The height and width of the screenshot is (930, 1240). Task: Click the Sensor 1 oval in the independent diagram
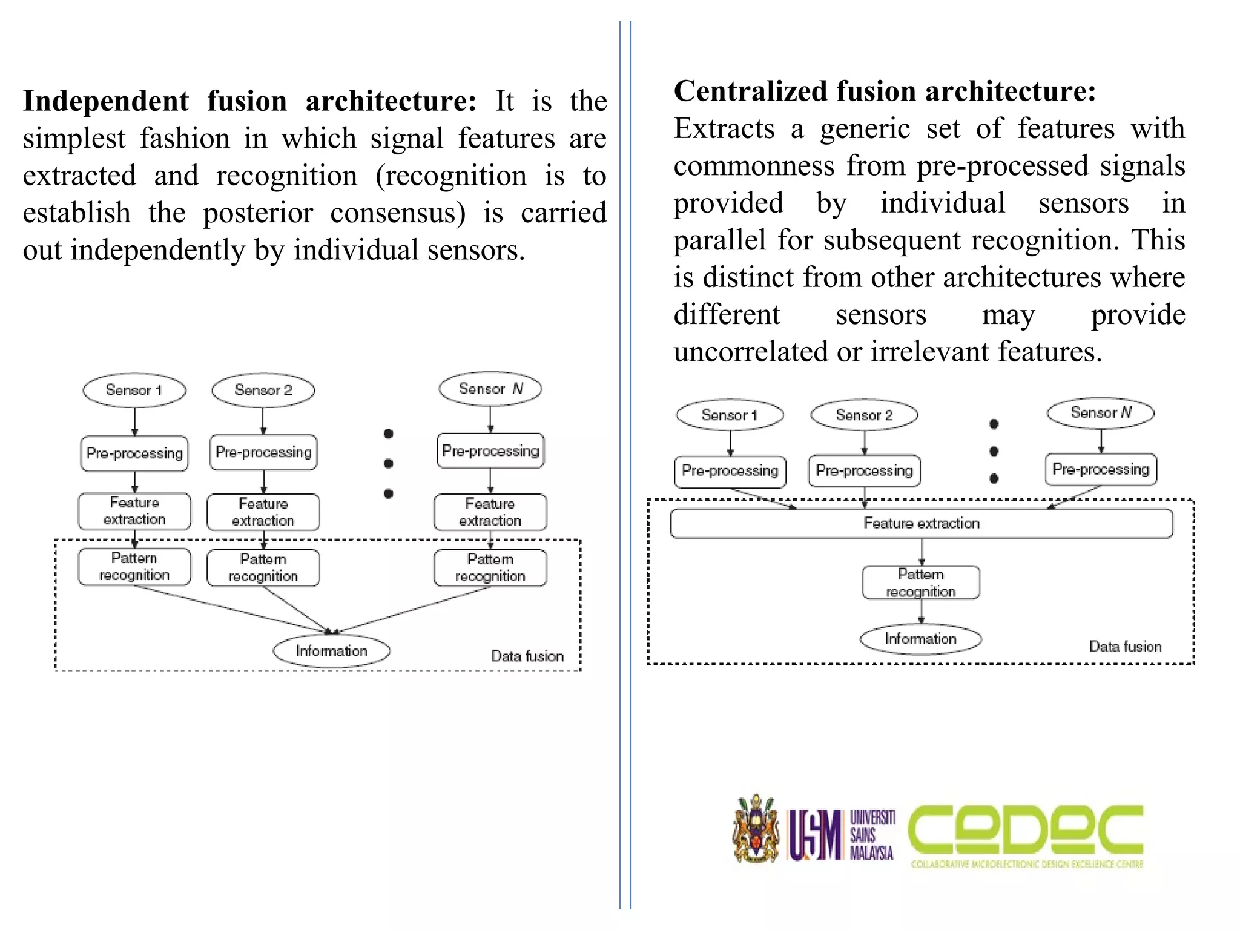pyautogui.click(x=134, y=390)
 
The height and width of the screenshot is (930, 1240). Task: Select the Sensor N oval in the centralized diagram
pyautogui.click(x=1101, y=413)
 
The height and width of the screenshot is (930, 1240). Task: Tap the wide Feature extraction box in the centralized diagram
pyautogui.click(x=922, y=523)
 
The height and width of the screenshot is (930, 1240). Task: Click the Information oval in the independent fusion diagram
pyautogui.click(x=331, y=651)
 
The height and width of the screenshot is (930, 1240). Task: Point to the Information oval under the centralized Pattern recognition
pyautogui.click(x=920, y=639)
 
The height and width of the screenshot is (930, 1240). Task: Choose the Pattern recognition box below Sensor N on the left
pyautogui.click(x=490, y=567)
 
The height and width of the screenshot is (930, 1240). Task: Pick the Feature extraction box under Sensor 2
pyautogui.click(x=263, y=512)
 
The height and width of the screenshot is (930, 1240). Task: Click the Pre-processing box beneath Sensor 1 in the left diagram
pyautogui.click(x=134, y=453)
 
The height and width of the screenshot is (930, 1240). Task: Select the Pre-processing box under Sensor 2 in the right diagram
pyautogui.click(x=864, y=471)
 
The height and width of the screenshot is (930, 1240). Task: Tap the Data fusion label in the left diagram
pyautogui.click(x=527, y=656)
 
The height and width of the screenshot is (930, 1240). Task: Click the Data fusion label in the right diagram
pyautogui.click(x=1125, y=647)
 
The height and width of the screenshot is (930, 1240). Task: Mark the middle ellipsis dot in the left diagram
pyautogui.click(x=389, y=463)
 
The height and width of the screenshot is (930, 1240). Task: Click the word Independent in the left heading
pyautogui.click(x=106, y=101)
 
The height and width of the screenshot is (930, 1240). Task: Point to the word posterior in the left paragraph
pyautogui.click(x=258, y=213)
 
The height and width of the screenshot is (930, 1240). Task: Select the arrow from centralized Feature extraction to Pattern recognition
pyautogui.click(x=922, y=552)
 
